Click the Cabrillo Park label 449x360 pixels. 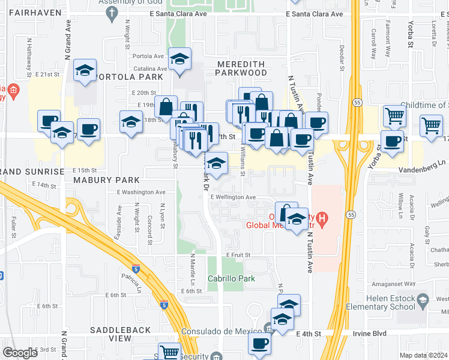231,278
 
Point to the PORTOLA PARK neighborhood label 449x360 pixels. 129,77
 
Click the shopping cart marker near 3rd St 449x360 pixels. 170,352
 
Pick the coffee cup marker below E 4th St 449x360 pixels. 260,344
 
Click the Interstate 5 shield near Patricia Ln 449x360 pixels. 136,269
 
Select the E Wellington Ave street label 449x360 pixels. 234,197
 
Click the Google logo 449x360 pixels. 20,352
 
